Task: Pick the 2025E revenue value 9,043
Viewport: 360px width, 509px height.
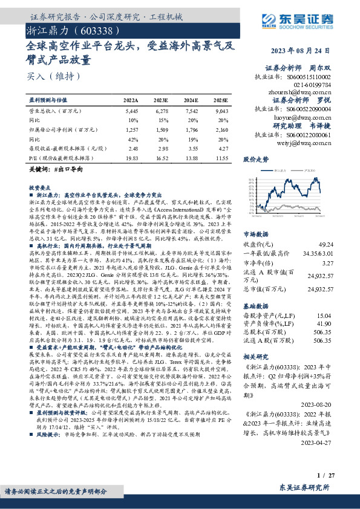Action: click(221, 112)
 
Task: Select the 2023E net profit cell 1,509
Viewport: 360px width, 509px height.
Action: click(162, 129)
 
